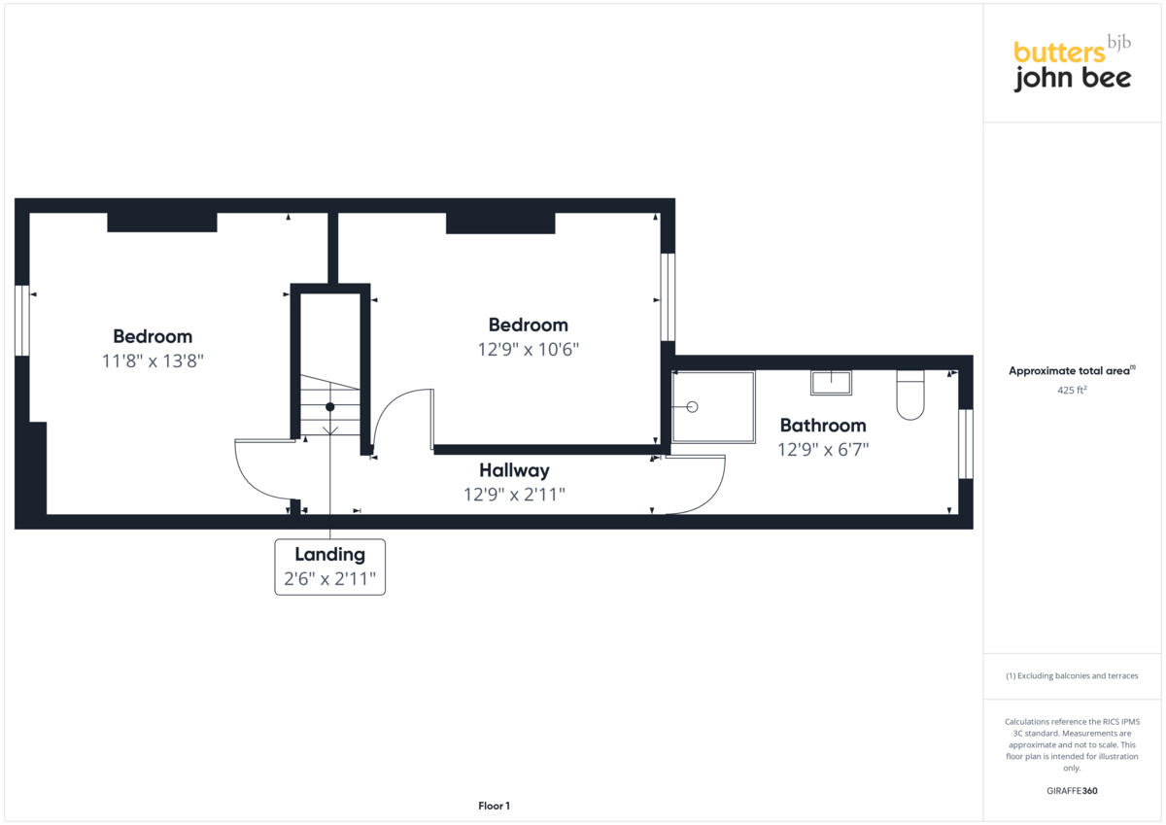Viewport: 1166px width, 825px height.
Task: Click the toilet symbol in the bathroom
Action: point(910,395)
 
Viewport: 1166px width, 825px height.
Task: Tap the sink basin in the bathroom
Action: point(831,383)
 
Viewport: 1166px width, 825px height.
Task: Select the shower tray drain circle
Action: point(692,407)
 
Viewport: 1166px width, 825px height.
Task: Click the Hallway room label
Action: point(514,470)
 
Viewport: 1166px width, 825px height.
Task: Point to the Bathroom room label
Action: point(822,425)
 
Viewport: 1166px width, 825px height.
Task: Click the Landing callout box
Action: point(330,567)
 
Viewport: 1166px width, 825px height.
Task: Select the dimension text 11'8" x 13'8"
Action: point(153,361)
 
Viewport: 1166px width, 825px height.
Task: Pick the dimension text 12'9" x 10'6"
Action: point(528,349)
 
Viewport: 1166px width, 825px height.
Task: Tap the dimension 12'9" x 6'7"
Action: point(822,450)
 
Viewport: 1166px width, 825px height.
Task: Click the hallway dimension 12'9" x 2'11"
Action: point(514,495)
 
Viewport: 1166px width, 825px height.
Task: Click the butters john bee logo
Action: point(1072,64)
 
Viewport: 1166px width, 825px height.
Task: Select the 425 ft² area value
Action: point(1072,391)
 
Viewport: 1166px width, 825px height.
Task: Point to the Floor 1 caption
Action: point(494,806)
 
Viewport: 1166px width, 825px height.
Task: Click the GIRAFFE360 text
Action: point(1072,791)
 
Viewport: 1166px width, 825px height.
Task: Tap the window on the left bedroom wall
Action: point(21,321)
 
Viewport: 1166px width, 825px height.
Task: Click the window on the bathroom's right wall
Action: point(965,444)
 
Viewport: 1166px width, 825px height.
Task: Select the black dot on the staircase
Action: point(330,407)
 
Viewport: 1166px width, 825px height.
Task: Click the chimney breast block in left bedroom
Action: point(161,223)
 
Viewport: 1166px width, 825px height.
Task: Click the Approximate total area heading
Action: point(1072,371)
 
